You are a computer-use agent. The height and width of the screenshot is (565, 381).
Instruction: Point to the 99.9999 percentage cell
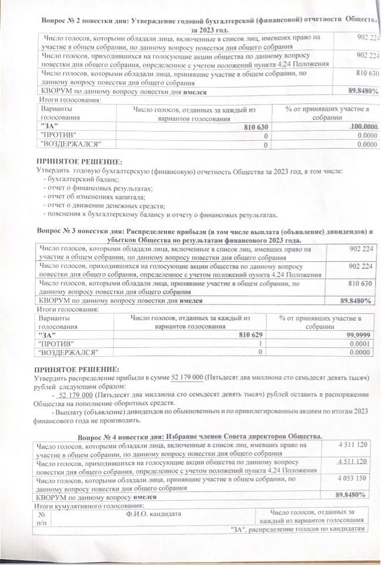[x=358, y=334]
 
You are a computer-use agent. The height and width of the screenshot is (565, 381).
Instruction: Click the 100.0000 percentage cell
[x=363, y=127]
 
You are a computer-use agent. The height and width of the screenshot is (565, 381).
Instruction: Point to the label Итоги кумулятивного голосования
[x=81, y=506]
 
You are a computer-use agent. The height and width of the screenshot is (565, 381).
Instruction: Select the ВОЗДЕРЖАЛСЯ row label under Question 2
[x=69, y=144]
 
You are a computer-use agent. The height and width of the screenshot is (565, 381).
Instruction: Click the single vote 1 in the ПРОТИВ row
[x=260, y=344]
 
